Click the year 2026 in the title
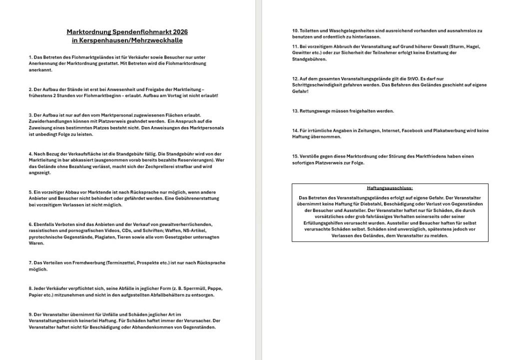coord(180,32)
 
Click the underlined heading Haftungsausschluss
coord(390,188)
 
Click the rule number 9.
coord(30,314)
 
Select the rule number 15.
coord(295,156)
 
